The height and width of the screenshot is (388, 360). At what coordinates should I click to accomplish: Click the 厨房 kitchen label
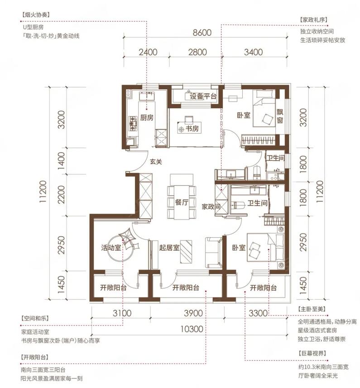point(147,118)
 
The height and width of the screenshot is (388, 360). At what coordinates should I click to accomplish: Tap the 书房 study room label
point(192,129)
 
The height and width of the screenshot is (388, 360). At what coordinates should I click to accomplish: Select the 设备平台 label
point(203,96)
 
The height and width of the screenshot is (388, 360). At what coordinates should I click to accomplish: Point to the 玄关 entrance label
point(156,162)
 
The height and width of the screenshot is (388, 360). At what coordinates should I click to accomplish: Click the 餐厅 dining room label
point(182,202)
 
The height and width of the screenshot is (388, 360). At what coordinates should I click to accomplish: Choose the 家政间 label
point(211,206)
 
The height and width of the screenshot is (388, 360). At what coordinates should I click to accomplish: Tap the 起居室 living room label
point(169,248)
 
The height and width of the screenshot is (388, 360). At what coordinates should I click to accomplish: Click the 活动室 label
point(111,248)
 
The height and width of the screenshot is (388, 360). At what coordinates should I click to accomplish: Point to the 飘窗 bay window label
point(280,116)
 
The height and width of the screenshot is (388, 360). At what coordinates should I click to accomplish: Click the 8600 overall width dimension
point(202,33)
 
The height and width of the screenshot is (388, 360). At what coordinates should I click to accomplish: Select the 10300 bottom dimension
point(192,329)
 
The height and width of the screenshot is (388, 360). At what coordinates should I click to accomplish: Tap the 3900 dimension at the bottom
point(193,313)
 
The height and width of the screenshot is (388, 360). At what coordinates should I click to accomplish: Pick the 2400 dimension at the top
point(148,52)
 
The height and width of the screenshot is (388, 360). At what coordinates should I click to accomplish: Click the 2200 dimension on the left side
point(62,195)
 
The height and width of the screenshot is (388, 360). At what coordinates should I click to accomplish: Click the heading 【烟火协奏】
point(36,15)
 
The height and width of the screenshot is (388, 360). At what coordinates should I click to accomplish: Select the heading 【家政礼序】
point(314,20)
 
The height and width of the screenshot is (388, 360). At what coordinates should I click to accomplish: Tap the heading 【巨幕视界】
point(312,353)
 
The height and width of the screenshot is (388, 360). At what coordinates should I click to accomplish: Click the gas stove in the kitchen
point(133,123)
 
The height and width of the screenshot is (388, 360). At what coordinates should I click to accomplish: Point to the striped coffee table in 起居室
point(186,251)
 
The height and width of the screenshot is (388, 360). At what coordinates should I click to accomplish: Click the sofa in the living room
point(214,252)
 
